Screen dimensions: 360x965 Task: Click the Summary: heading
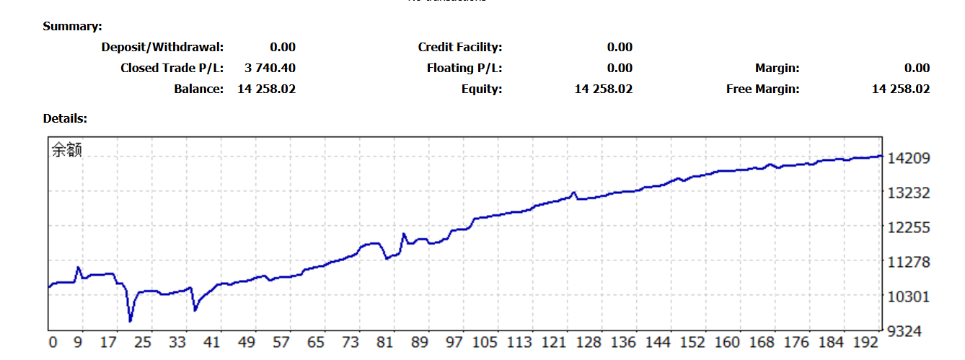(x=72, y=27)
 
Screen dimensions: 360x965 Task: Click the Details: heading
(x=65, y=118)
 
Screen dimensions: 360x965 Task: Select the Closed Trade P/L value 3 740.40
(x=270, y=69)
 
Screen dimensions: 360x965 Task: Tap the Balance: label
(x=198, y=89)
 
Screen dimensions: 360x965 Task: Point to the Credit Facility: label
(x=460, y=48)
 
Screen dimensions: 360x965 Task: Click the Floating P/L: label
(x=464, y=69)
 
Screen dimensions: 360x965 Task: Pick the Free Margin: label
(x=763, y=89)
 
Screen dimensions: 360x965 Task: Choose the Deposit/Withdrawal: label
(x=162, y=48)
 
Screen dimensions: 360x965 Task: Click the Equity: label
(x=482, y=89)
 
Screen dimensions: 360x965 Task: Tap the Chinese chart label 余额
(x=66, y=150)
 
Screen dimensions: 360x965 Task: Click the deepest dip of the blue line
(x=131, y=320)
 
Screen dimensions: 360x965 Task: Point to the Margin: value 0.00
(x=917, y=69)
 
